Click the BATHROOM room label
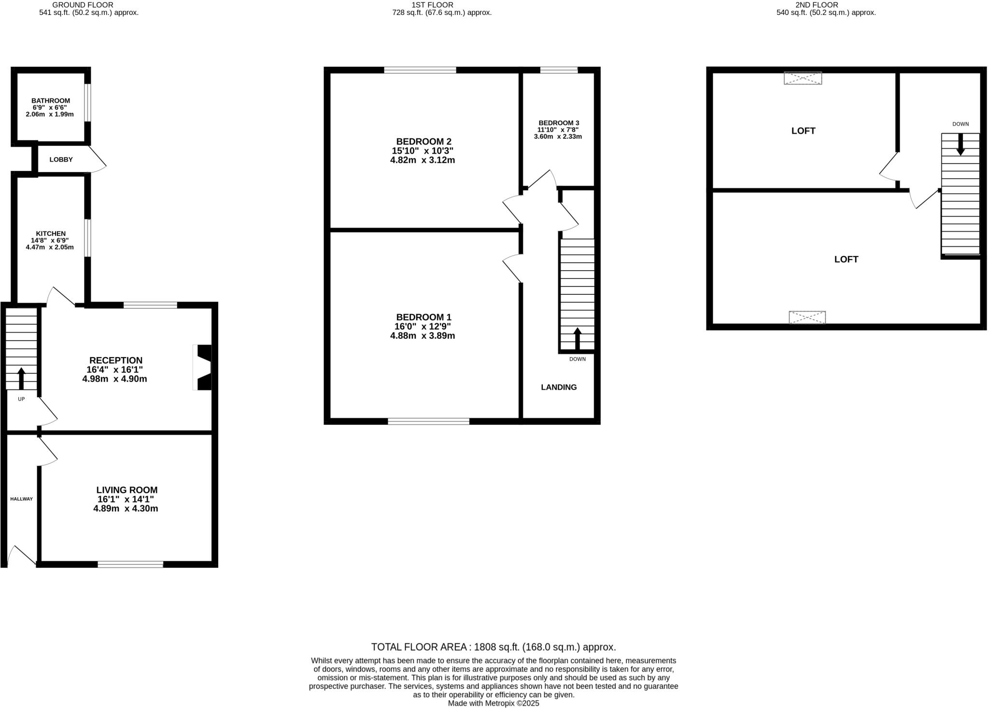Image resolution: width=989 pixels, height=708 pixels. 51,101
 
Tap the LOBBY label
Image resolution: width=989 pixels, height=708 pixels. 61,159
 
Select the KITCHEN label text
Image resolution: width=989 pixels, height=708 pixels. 51,233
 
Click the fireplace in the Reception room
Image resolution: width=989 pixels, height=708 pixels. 202,367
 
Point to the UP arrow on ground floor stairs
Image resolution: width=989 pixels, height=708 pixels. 21,378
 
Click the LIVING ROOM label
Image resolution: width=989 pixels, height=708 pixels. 127,490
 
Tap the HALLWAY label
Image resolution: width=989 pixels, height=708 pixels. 22,499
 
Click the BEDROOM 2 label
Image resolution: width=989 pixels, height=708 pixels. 424,142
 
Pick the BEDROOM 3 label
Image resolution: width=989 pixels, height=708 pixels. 559,123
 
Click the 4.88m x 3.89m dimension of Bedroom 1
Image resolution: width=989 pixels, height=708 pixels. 423,336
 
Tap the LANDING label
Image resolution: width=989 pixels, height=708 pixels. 559,387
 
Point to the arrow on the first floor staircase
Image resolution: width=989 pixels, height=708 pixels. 577,338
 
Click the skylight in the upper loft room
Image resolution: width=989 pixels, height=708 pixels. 803,78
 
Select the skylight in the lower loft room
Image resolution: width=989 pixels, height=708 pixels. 807,318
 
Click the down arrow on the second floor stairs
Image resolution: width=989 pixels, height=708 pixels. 960,144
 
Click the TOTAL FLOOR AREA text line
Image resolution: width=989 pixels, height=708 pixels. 493,647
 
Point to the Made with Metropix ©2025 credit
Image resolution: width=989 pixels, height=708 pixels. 493,704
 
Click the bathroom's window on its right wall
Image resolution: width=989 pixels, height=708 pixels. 87,103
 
